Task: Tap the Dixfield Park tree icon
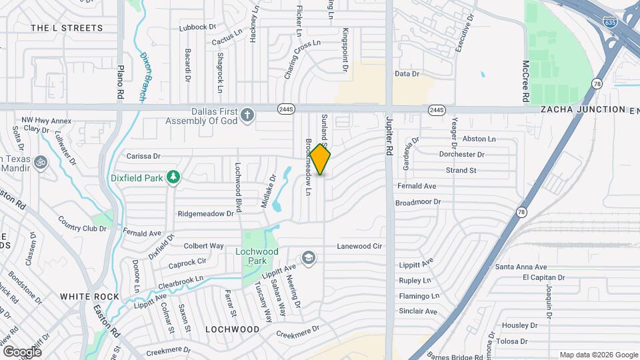[173, 177]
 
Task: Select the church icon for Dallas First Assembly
[247, 115]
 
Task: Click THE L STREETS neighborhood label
[67, 28]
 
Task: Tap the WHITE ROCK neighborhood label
[89, 297]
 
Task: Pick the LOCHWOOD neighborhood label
[232, 329]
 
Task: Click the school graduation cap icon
[309, 257]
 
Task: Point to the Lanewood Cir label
[359, 246]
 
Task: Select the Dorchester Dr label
[461, 155]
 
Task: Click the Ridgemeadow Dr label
[205, 214]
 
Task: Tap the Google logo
[22, 351]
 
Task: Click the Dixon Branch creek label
[143, 77]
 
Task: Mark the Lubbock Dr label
[198, 27]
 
